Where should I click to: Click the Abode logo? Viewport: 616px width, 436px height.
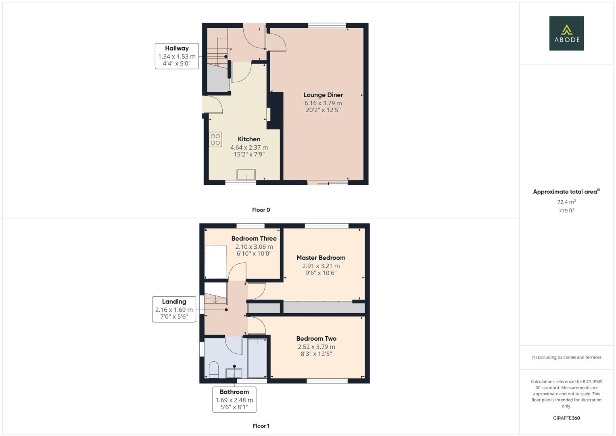566,33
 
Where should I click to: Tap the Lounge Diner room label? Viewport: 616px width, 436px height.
323,95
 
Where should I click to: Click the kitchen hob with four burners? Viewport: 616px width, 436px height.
215,139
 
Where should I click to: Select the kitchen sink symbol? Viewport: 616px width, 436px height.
246,174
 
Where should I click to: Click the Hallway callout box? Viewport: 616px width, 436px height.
177,56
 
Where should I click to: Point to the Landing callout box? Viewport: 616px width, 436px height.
174,309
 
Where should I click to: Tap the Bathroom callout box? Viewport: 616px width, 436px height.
234,400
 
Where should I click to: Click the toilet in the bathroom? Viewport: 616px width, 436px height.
213,370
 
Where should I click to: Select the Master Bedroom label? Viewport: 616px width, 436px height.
321,258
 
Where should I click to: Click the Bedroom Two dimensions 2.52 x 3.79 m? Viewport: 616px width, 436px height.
316,347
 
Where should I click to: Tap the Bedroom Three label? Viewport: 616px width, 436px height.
254,238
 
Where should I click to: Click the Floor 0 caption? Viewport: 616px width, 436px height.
261,210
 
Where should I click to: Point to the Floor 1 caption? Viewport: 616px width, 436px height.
261,426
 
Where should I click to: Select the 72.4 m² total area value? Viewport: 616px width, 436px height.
566,202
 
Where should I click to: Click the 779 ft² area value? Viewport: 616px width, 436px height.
566,211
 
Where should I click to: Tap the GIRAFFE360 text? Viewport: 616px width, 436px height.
566,418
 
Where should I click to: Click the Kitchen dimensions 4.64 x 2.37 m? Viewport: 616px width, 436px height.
249,147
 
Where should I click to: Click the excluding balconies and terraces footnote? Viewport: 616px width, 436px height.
566,357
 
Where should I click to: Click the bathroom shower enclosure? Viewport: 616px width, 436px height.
257,358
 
